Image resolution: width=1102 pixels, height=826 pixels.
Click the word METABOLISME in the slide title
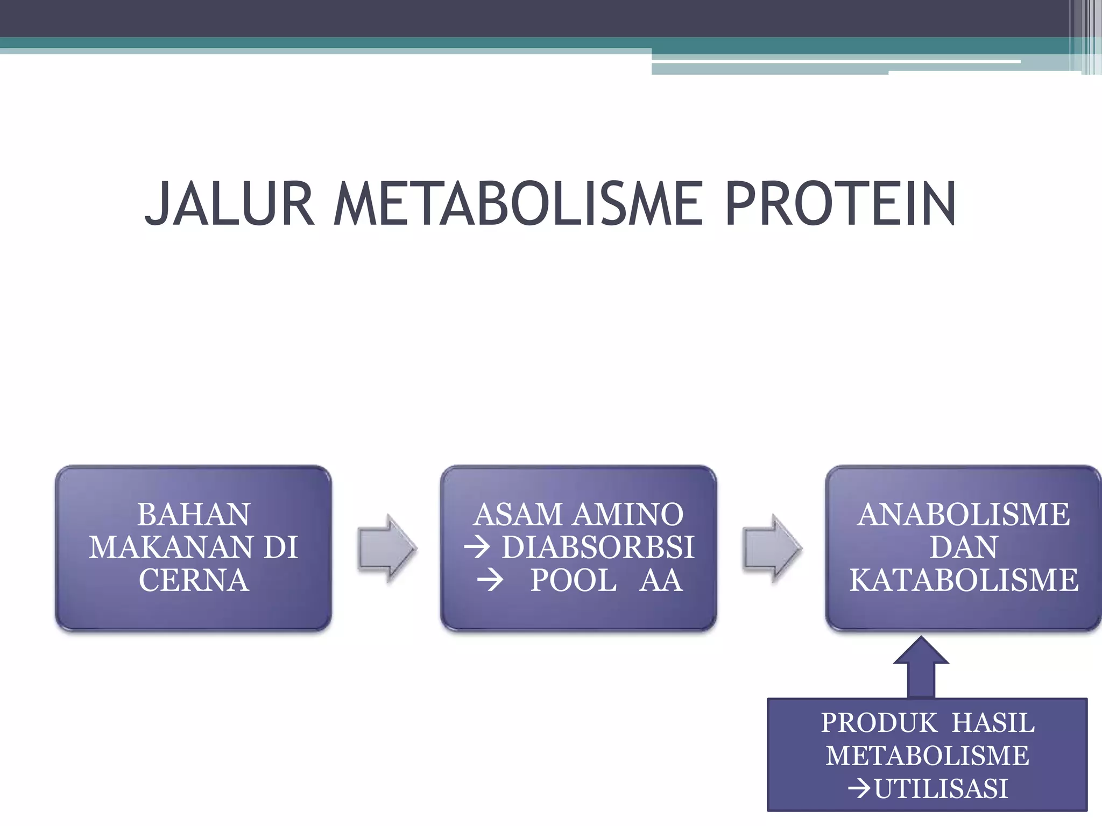pyautogui.click(x=518, y=204)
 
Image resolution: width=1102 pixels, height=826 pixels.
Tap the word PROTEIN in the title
pyautogui.click(x=840, y=204)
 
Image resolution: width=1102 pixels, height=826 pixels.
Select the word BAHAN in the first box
pyautogui.click(x=193, y=515)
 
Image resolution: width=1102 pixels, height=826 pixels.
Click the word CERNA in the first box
pyautogui.click(x=194, y=581)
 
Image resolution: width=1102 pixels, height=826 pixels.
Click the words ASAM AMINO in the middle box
pyautogui.click(x=578, y=515)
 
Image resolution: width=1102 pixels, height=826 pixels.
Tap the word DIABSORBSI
pyautogui.click(x=598, y=547)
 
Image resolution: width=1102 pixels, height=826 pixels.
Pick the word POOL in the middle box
pyautogui.click(x=574, y=581)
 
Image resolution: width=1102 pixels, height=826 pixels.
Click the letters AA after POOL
pyautogui.click(x=661, y=581)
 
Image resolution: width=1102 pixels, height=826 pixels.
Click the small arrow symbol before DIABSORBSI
pyautogui.click(x=477, y=548)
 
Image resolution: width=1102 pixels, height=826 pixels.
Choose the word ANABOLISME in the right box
pyautogui.click(x=963, y=515)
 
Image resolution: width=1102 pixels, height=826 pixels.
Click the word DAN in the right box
pyautogui.click(x=963, y=547)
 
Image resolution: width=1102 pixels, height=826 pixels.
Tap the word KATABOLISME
pyautogui.click(x=964, y=581)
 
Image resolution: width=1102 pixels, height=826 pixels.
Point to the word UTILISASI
pyautogui.click(x=941, y=789)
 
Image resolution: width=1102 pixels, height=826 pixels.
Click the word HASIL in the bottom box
pyautogui.click(x=993, y=723)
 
